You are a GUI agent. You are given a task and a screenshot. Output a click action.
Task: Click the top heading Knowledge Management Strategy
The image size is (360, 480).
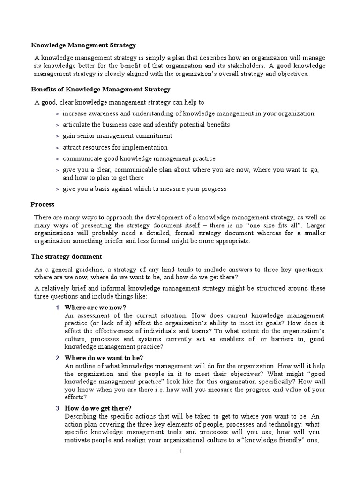pyautogui.click(x=83, y=45)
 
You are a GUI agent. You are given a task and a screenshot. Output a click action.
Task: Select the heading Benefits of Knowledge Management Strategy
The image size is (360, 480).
pyautogui.click(x=101, y=89)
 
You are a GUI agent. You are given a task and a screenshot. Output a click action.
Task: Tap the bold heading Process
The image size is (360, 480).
pyautogui.click(x=43, y=204)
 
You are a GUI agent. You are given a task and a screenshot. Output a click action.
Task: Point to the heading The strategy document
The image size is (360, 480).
pyautogui.click(x=67, y=257)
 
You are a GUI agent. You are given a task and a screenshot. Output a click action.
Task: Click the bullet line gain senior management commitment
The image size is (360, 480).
pyautogui.click(x=117, y=136)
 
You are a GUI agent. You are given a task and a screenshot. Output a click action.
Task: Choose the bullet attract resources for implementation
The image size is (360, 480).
pyautogui.click(x=115, y=147)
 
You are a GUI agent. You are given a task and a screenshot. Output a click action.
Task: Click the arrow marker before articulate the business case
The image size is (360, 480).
pyautogui.click(x=57, y=125)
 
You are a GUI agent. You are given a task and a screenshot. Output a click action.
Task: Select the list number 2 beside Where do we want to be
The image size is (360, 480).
pyautogui.click(x=57, y=358)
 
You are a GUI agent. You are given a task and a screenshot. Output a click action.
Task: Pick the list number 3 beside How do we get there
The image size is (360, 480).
pyautogui.click(x=57, y=408)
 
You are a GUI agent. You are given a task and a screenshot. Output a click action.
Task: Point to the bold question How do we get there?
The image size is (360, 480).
pyautogui.click(x=98, y=408)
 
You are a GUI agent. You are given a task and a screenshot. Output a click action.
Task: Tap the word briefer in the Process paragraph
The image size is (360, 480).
pyautogui.click(x=137, y=241)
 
